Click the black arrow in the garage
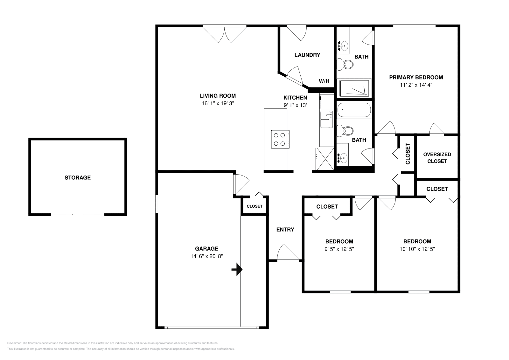pos(237,270)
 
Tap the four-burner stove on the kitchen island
pos(280,139)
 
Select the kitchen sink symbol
pos(327,119)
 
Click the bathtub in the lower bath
pos(354,110)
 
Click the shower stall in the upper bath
pos(354,88)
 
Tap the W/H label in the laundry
pos(324,81)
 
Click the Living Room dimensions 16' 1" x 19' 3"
pos(218,103)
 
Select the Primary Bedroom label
pos(416,77)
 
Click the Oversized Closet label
pos(437,158)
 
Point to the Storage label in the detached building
pos(78,178)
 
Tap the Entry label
pos(285,230)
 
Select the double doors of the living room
pos(225,34)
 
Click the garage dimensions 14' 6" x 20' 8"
pos(206,256)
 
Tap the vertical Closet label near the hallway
pos(408,154)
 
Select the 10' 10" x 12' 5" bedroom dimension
pos(417,249)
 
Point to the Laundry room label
pos(307,55)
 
